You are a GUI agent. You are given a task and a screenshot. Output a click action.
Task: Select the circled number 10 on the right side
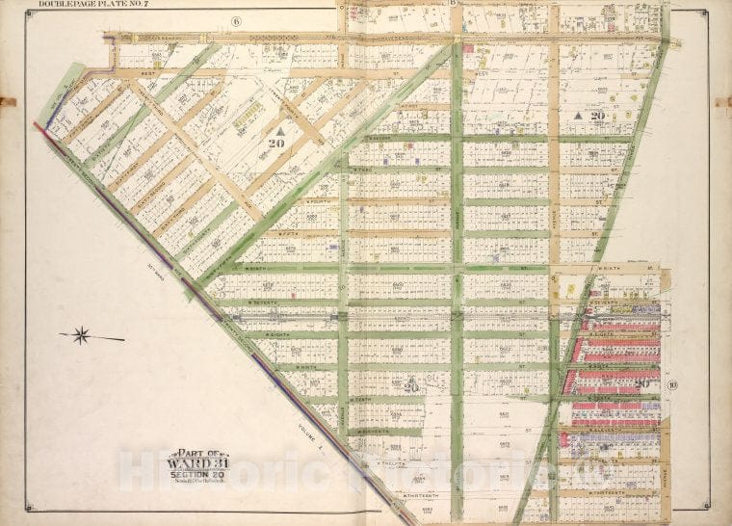(x=672, y=385)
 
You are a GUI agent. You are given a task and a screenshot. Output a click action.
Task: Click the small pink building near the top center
(x=468, y=46)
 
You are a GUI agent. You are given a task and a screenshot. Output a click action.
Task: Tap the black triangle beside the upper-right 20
(x=577, y=115)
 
